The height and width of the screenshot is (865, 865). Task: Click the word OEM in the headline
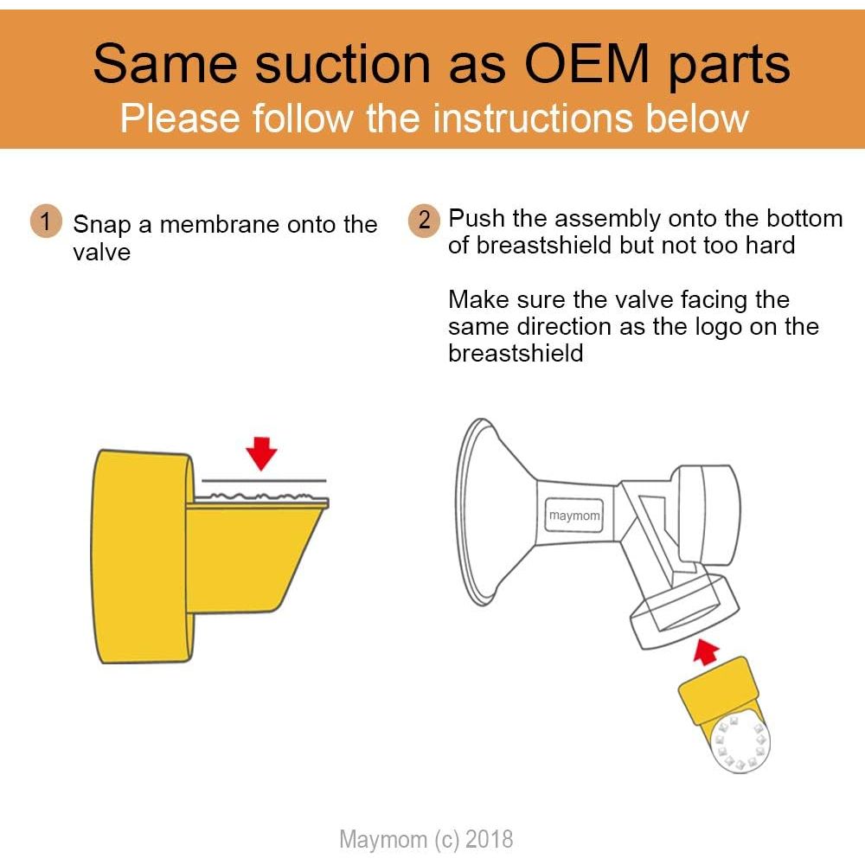(x=586, y=63)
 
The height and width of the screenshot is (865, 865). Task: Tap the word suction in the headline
(x=342, y=63)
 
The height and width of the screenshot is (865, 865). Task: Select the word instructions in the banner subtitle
(x=532, y=118)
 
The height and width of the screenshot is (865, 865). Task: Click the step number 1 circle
(x=46, y=221)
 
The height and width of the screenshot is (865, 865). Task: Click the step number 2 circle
(x=424, y=221)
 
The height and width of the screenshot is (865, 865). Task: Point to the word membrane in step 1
(x=220, y=225)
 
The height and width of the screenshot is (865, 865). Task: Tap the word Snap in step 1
(x=103, y=225)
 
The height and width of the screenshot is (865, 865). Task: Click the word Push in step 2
(x=477, y=219)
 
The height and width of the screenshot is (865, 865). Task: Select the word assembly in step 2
(x=607, y=220)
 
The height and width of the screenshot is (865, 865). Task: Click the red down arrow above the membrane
(x=261, y=453)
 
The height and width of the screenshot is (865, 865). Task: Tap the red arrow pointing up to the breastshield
(x=706, y=651)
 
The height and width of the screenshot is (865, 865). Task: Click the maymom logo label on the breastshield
(x=573, y=516)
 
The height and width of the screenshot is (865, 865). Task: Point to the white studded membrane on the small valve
(x=740, y=743)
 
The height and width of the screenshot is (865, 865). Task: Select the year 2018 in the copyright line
(x=490, y=839)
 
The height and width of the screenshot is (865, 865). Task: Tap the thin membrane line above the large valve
(x=264, y=481)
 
